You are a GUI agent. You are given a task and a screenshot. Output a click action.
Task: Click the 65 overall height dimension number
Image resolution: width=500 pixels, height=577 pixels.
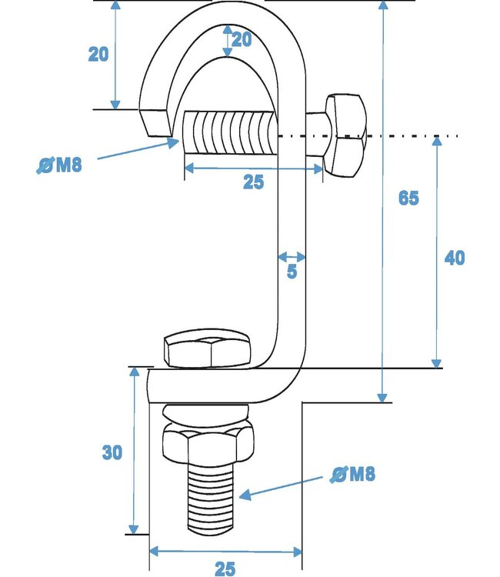408,198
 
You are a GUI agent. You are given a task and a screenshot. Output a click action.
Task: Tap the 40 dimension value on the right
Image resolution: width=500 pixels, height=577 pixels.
454,258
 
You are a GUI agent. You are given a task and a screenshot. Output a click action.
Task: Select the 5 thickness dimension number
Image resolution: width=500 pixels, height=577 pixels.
292,272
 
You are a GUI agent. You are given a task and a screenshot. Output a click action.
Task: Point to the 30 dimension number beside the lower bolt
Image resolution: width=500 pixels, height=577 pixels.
112,453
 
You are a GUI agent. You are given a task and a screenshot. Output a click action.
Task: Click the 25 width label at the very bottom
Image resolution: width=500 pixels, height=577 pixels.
224,569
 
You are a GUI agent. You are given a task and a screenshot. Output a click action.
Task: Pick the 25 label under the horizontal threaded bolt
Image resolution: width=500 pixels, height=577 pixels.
253,182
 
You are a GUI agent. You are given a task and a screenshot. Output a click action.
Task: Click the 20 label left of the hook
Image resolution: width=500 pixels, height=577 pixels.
98,55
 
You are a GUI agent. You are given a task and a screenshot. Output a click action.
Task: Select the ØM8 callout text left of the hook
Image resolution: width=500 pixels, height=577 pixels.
59,165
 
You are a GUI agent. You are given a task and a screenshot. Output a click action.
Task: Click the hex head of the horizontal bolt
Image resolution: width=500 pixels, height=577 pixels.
344,136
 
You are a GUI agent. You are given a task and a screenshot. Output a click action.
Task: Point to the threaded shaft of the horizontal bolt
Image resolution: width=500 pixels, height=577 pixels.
228,136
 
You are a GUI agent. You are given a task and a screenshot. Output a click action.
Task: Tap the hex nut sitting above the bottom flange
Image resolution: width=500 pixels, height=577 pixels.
208,351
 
